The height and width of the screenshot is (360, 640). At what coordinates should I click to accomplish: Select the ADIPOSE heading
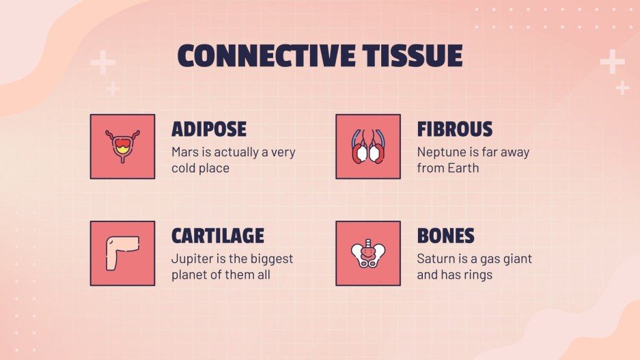[x=209, y=129]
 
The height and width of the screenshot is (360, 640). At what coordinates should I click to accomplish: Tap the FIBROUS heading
[x=454, y=129]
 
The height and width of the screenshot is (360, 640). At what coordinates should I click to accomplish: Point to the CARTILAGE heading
[x=218, y=236]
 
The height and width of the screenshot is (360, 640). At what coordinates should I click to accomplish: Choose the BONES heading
[x=445, y=236]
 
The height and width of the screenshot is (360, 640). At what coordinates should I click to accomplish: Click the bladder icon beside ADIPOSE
[x=122, y=146]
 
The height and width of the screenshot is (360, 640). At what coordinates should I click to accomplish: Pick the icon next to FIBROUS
[x=368, y=146]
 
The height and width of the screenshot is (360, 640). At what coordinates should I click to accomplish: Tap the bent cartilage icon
[x=122, y=253]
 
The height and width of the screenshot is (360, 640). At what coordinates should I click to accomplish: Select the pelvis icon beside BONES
[x=368, y=253]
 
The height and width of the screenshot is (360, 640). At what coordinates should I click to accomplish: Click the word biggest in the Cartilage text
[x=269, y=259]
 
